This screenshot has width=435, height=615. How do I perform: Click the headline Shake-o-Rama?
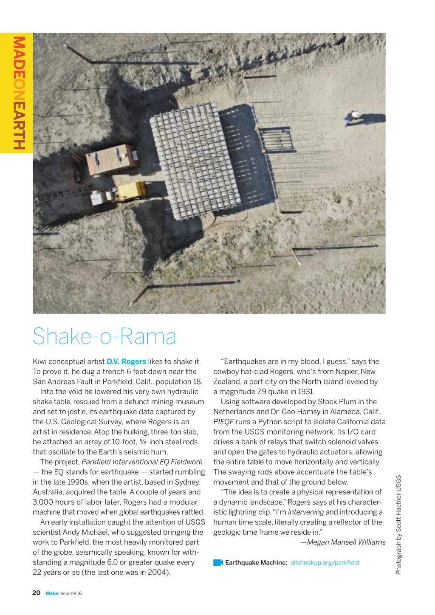[105, 336]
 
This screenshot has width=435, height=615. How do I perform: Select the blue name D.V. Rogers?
[126, 361]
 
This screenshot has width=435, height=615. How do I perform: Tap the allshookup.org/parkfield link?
[325, 562]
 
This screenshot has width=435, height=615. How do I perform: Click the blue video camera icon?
[218, 562]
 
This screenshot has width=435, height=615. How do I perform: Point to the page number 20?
[37, 592]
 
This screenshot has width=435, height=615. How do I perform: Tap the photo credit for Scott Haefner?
[398, 525]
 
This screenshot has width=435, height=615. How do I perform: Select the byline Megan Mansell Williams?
[343, 542]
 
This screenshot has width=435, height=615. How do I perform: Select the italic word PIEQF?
[223, 422]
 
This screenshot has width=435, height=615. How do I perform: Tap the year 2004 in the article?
[159, 572]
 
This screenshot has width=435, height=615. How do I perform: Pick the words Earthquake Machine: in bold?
[256, 562]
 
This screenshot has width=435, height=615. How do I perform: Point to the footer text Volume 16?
[71, 593]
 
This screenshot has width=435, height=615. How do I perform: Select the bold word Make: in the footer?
[52, 593]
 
